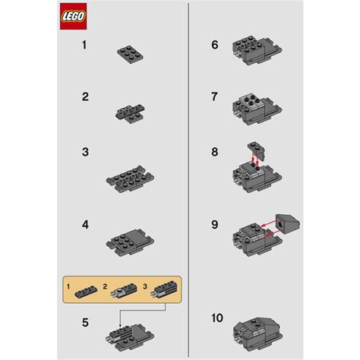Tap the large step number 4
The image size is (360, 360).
tap(85, 226)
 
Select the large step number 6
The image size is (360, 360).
tap(215, 46)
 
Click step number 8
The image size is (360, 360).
tap(215, 152)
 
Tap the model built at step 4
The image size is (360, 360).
tap(129, 240)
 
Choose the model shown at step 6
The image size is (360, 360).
tap(251, 50)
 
